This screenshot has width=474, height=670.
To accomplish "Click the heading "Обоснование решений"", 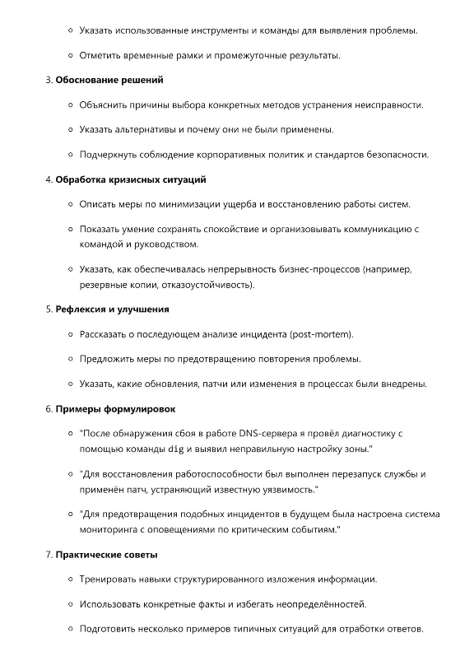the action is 109,80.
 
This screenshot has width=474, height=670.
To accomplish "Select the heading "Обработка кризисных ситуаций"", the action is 131,179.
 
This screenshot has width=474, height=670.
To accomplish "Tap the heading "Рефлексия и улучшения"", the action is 112,309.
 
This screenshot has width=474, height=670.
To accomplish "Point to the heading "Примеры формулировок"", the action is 115,408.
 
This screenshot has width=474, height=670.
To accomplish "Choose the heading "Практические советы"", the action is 107,555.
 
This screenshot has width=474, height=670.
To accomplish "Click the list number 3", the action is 48,80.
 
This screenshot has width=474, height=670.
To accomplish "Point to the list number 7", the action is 48,555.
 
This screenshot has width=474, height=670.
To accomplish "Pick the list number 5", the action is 48,309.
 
